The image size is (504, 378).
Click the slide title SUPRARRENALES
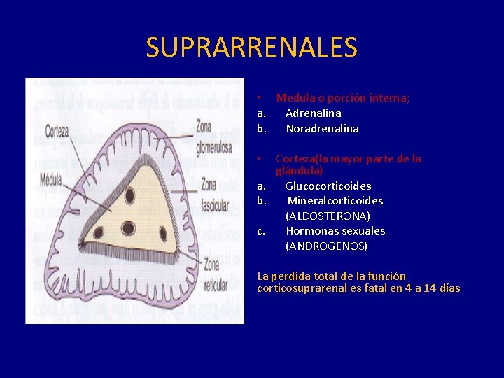[251, 48]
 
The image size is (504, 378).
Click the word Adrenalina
[314, 113]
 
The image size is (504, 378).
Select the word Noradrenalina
[322, 129]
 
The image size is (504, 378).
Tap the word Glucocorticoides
[328, 185]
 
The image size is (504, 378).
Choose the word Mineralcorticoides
[335, 201]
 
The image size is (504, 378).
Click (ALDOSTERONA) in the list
[328, 216]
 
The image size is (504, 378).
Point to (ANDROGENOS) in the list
[326, 246]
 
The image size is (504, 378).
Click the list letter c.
[260, 231]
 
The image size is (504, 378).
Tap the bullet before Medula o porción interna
[259, 98]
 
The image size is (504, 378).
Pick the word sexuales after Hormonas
[363, 231]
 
